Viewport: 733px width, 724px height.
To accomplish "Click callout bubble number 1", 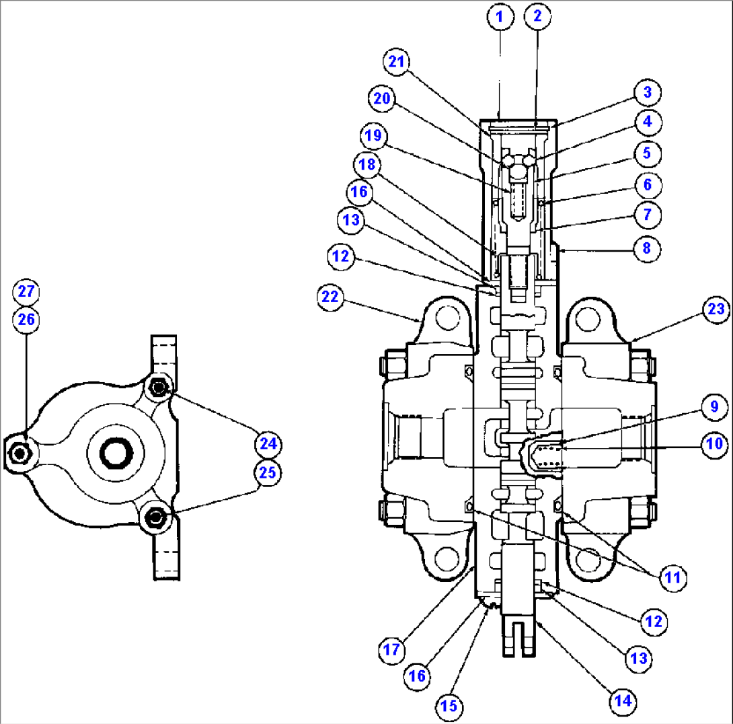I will click(x=499, y=17).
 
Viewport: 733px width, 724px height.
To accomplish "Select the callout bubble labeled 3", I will click(x=648, y=92).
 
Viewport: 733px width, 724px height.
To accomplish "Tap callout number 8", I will click(x=648, y=247).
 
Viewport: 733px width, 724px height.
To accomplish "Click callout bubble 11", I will click(x=673, y=577).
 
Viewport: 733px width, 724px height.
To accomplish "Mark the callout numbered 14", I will click(x=623, y=700).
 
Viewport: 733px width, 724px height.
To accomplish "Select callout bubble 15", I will click(x=449, y=706).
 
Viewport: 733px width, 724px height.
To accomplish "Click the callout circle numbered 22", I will click(x=331, y=297).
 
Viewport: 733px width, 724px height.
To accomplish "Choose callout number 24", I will click(x=268, y=443).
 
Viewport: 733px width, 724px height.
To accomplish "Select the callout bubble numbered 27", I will click(x=26, y=292).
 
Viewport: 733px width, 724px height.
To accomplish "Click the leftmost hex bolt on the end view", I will click(x=21, y=454).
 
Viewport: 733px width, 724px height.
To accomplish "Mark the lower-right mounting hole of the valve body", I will click(x=587, y=558).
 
